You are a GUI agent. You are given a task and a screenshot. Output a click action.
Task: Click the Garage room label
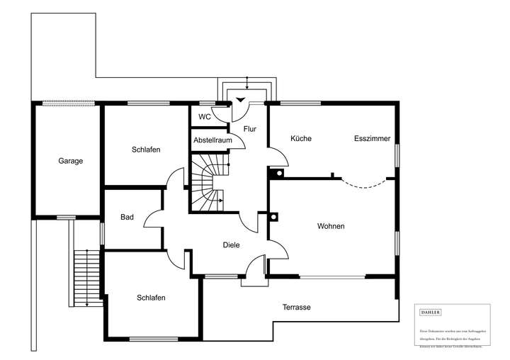[x=70, y=161]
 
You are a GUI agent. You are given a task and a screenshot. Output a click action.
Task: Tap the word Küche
[x=301, y=139]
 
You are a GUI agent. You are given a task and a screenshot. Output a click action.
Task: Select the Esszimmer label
[x=372, y=139]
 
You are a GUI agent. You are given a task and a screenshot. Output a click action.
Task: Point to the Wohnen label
[x=331, y=227]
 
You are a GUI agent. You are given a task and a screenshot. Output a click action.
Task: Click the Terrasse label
[x=296, y=308]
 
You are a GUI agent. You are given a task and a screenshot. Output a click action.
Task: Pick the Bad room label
[x=127, y=218]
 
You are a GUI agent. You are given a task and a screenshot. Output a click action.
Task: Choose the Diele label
[x=231, y=245]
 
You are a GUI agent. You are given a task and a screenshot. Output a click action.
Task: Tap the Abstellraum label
[x=213, y=140]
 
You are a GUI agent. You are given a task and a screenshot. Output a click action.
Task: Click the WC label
[x=204, y=117]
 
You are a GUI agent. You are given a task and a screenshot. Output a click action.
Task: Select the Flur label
[x=249, y=130]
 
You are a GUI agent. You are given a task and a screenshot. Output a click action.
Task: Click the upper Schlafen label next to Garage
[x=146, y=150]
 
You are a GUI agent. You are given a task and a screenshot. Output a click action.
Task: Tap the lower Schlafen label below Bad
[x=151, y=298]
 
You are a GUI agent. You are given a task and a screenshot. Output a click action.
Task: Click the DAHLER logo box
[x=431, y=313]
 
